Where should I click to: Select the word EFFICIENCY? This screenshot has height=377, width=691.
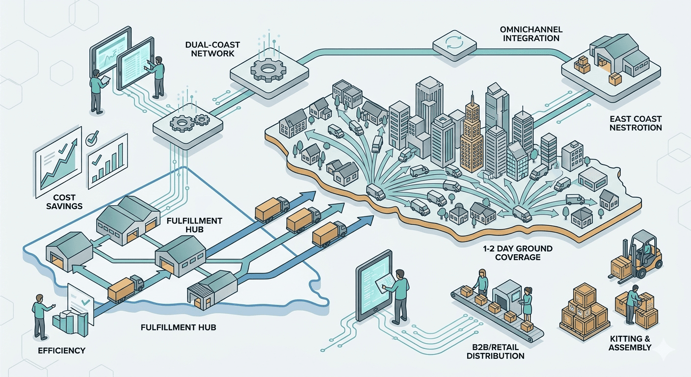tap(61, 350)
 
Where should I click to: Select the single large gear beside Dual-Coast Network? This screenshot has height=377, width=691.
tap(268, 71)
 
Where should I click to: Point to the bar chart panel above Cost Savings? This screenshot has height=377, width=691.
tap(107, 161)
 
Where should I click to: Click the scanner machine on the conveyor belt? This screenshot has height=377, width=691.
tap(508, 296)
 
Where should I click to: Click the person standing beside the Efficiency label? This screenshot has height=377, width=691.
tap(38, 319)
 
